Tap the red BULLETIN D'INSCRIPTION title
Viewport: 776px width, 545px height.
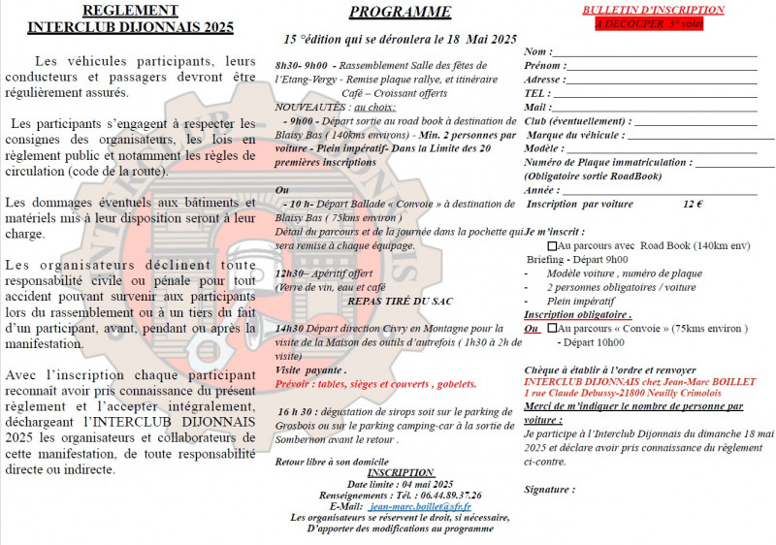pyautogui.click(x=639, y=10)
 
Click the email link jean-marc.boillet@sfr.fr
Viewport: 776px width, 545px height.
pyautogui.click(x=420, y=506)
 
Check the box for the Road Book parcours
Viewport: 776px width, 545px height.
pyautogui.click(x=552, y=246)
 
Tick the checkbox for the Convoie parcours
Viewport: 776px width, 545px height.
pyautogui.click(x=552, y=328)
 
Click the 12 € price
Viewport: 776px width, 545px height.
pyautogui.click(x=693, y=205)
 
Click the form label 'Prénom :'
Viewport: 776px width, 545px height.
pyautogui.click(x=544, y=66)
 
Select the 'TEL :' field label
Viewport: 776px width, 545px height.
pyautogui.click(x=538, y=93)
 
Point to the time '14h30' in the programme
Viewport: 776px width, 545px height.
pyautogui.click(x=291, y=329)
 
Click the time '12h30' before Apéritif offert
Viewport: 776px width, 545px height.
pyautogui.click(x=291, y=273)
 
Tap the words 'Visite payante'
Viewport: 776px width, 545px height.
pyautogui.click(x=309, y=370)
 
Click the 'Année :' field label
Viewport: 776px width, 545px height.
pyautogui.click(x=544, y=190)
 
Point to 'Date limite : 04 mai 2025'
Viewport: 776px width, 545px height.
pyautogui.click(x=400, y=483)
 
